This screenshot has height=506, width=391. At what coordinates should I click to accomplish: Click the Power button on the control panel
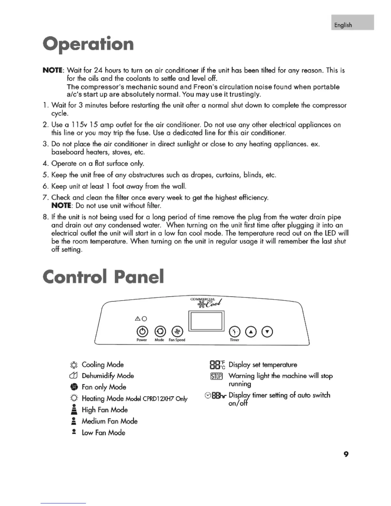tap(142, 332)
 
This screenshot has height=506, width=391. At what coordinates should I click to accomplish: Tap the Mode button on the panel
tap(160, 332)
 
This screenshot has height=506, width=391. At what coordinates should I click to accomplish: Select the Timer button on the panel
tap(235, 332)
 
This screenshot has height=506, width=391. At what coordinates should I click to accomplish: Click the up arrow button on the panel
tap(251, 332)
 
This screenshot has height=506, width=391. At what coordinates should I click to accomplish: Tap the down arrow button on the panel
tap(267, 332)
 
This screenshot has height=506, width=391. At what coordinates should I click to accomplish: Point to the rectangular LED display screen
tap(207, 321)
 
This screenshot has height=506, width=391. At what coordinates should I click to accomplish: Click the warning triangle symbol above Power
tap(138, 318)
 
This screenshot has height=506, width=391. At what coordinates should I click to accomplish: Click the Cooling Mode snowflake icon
tap(74, 365)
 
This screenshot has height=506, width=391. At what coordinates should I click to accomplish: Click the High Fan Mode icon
tap(74, 409)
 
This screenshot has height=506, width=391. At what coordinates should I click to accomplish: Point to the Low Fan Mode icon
tap(74, 432)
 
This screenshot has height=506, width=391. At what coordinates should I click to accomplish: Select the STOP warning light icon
tap(216, 376)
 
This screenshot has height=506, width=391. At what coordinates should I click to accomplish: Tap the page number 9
tap(346, 454)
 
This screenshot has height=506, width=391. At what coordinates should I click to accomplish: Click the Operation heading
tap(88, 44)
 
